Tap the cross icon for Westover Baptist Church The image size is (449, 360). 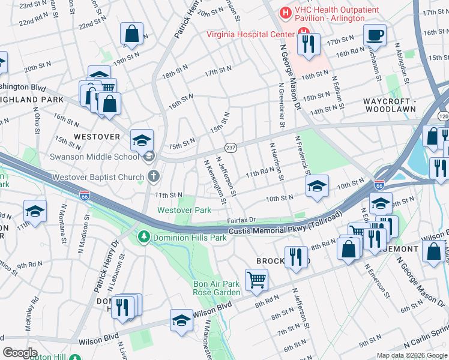click(154, 177)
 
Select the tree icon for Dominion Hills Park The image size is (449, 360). click(143, 238)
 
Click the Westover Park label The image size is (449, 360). click(184, 210)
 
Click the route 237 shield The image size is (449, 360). click(230, 148)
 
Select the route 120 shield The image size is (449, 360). click(443, 115)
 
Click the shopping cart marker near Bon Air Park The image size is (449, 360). click(256, 279)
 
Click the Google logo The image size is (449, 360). click(20, 352)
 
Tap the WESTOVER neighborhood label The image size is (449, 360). click(97, 137)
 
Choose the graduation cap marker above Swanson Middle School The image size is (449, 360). click(142, 140)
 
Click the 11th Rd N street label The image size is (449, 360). click(264, 174)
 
